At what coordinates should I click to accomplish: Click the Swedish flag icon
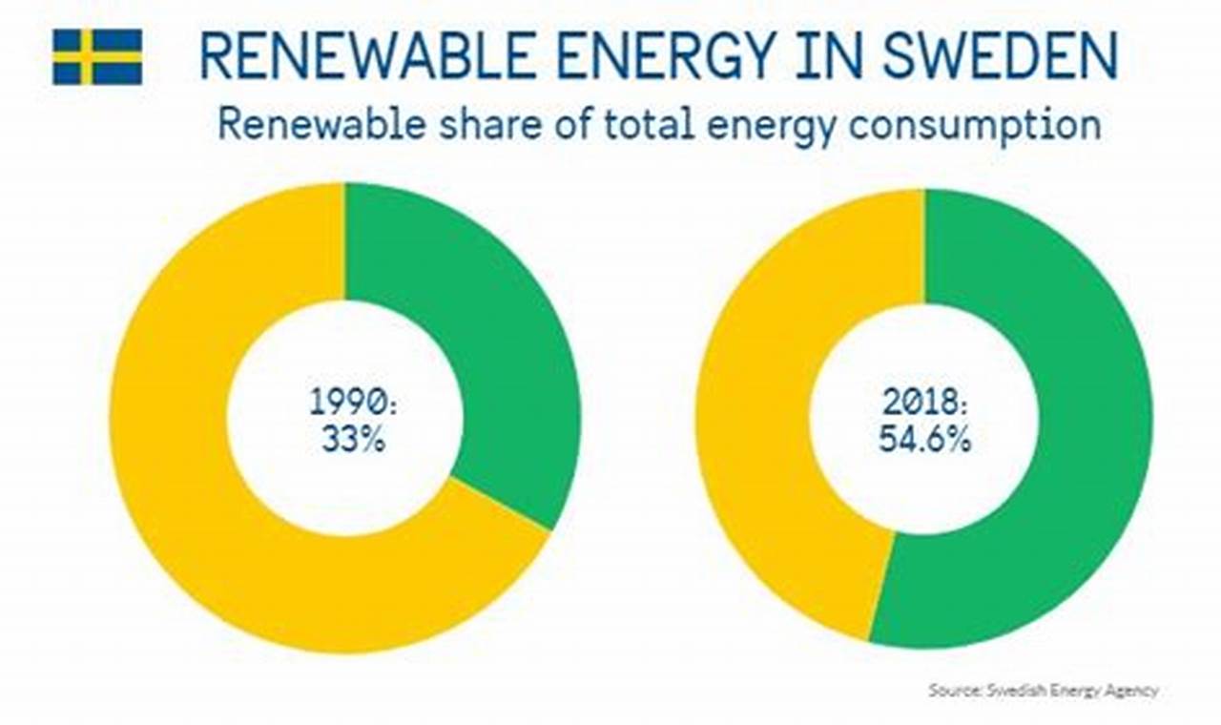(97, 57)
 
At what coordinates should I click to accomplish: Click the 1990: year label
(351, 403)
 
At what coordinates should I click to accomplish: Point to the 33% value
(351, 442)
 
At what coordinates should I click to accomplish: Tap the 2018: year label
(925, 403)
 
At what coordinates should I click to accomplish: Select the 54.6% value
(925, 441)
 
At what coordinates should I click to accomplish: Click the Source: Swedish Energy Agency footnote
(1044, 690)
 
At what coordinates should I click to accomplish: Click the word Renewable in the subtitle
(303, 126)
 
